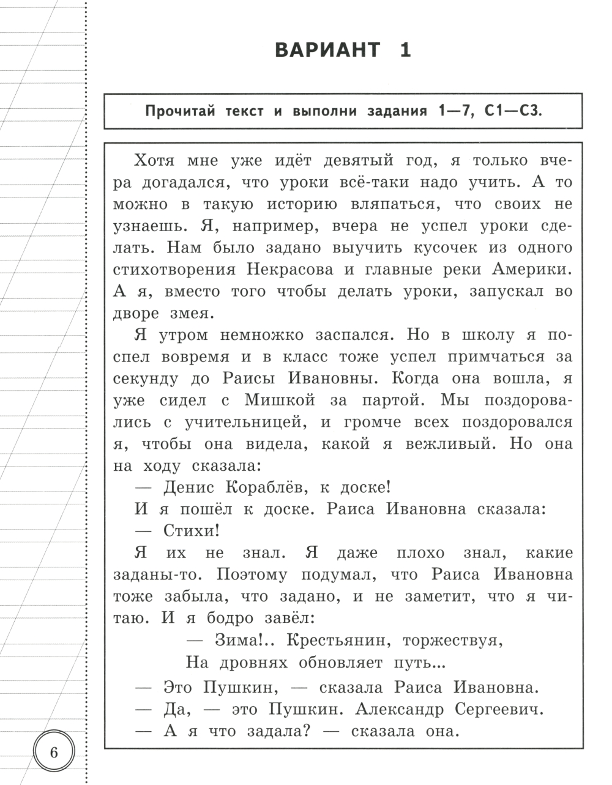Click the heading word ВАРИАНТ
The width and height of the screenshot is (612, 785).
[327, 50]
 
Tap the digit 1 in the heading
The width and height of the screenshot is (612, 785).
[405, 50]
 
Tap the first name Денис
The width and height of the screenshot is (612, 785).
[188, 487]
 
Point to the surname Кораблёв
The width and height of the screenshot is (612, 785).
[265, 487]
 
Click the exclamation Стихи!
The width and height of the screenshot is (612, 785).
[192, 531]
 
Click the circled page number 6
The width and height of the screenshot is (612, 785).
[53, 752]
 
